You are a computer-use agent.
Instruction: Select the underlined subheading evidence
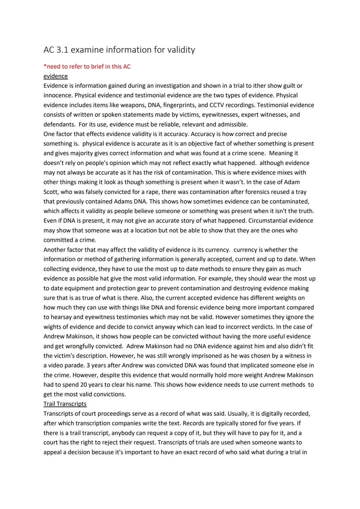tap(55, 76)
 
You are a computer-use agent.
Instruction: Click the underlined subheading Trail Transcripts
tap(65, 404)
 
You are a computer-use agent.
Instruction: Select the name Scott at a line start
tap(51, 192)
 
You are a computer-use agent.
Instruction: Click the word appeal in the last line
tap(54, 453)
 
